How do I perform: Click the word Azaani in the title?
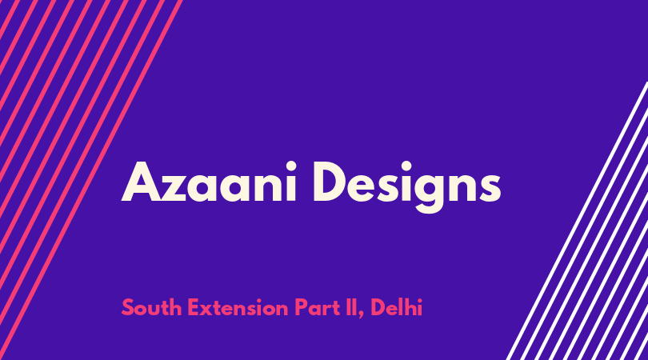[x=209, y=182]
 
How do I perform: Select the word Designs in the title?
[x=406, y=187]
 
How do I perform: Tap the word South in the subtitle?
[x=152, y=307]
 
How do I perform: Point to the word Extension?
[x=238, y=307]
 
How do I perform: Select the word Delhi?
[x=396, y=307]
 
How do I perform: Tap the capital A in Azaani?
[x=141, y=182]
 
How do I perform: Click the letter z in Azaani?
[x=172, y=188]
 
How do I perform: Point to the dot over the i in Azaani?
[x=291, y=166]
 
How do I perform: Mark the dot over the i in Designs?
[x=406, y=166]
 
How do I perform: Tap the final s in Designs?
[x=490, y=189]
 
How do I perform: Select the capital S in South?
[x=129, y=308]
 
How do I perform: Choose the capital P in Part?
[x=301, y=308]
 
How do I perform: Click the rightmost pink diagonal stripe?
[x=91, y=180]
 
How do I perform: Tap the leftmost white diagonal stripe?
[x=577, y=221]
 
